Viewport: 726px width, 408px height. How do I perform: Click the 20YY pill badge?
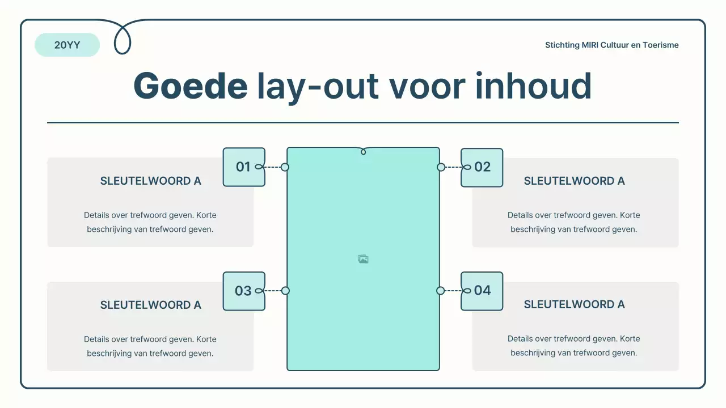(x=67, y=45)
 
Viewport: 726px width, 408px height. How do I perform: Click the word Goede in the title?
(x=190, y=86)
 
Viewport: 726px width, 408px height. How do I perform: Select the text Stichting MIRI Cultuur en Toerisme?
(x=611, y=45)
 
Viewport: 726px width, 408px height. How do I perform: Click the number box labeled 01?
(x=244, y=167)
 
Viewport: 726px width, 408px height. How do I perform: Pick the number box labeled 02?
(x=482, y=167)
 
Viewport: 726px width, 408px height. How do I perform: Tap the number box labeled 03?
(x=244, y=291)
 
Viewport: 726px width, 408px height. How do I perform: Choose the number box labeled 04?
(x=482, y=291)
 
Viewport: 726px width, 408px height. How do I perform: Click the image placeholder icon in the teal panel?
(x=363, y=259)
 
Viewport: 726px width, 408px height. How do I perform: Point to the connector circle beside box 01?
(x=285, y=167)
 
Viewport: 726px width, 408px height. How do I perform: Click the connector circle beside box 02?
(x=441, y=167)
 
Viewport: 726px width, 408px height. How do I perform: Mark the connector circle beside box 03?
(x=285, y=291)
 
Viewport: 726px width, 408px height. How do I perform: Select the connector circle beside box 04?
(x=441, y=291)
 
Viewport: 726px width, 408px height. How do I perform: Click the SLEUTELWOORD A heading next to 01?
(x=150, y=181)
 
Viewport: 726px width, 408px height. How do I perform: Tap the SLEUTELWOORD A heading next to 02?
(x=574, y=181)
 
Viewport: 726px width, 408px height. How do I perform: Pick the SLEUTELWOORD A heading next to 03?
(x=150, y=305)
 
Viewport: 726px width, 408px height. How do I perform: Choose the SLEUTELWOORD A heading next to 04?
(x=574, y=305)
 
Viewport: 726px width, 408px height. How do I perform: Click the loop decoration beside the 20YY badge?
(x=123, y=40)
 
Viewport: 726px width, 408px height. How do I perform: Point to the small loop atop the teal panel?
(x=364, y=151)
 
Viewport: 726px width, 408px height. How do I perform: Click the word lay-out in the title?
(x=318, y=86)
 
